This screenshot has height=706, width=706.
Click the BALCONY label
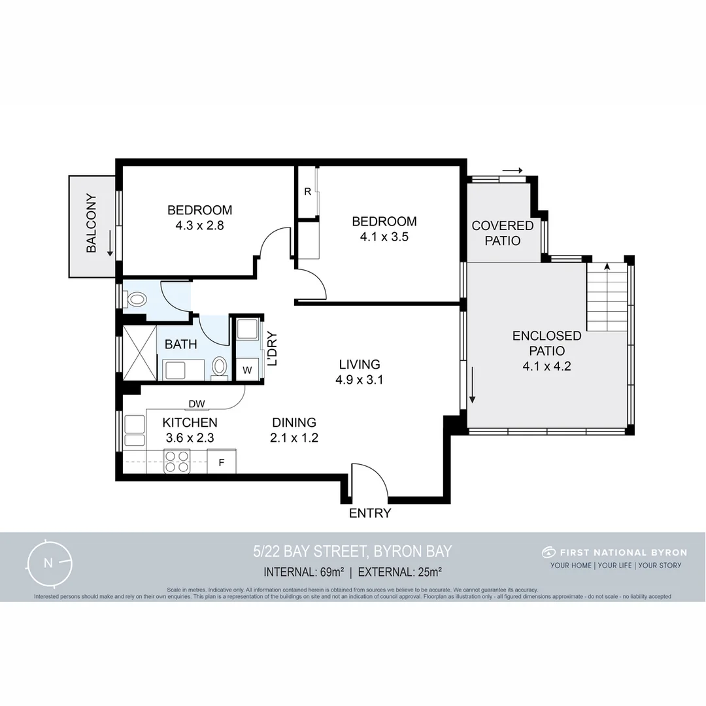92,224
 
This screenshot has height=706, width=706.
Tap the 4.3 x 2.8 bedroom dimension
199,226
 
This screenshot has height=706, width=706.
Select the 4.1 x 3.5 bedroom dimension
384,237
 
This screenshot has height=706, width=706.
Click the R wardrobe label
307,192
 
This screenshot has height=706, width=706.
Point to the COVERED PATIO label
502,233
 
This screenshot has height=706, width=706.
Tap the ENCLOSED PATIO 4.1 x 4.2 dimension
546,367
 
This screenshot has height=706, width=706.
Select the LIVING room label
359,364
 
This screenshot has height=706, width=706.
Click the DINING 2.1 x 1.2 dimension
294,439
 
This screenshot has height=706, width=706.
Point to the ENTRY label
369,513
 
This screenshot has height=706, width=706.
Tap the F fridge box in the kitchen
222,463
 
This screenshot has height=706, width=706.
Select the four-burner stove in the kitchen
176,462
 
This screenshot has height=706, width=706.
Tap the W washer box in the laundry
247,370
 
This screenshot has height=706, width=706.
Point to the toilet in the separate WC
137,300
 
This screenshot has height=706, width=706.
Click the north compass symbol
48,563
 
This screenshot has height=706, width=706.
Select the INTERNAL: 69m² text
304,572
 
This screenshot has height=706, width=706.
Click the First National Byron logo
548,552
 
